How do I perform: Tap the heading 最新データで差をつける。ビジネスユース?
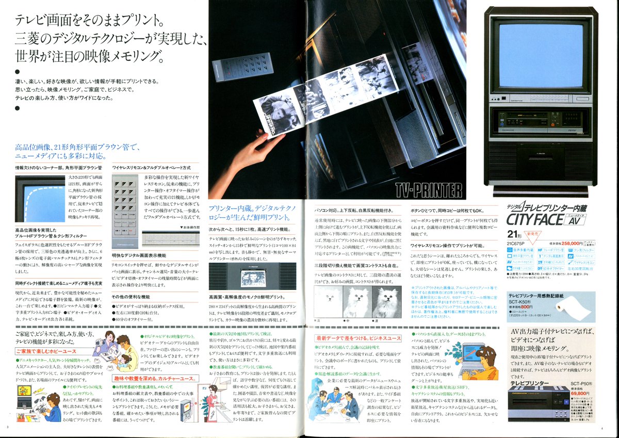(x=359, y=338)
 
